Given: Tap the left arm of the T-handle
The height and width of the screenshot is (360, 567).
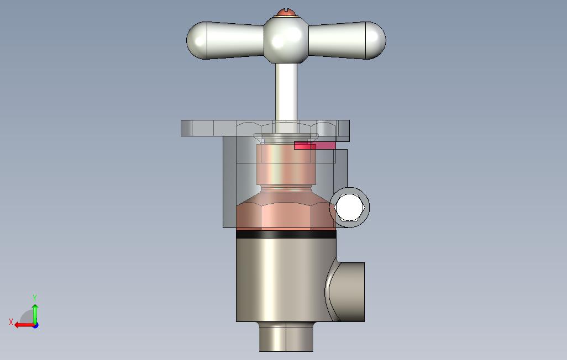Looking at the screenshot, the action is (225, 40).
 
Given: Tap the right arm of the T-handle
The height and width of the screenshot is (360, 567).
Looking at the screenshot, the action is (347, 40).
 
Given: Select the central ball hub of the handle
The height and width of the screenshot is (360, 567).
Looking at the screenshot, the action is (286, 39).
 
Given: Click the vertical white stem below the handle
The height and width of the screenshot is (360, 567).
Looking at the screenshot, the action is (286, 92).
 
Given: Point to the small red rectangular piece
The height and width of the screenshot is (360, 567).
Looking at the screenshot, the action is (314, 145).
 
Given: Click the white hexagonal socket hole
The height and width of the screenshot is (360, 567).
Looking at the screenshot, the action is (349, 208).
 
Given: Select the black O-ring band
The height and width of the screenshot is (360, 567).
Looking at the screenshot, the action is (286, 235).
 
